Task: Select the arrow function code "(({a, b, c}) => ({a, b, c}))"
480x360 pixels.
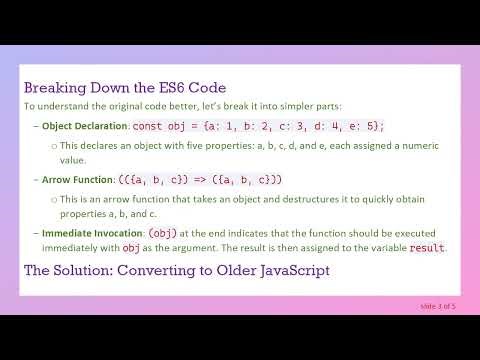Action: [202, 179]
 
